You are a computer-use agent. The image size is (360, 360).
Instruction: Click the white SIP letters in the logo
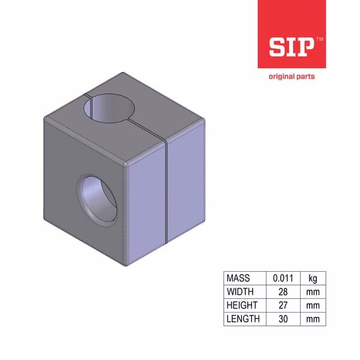[292, 47]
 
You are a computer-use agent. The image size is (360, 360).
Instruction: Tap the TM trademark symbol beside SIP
[320, 39]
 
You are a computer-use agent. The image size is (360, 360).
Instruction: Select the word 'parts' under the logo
[305, 77]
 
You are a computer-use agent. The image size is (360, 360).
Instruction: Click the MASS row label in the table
[238, 278]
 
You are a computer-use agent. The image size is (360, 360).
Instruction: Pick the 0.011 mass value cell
[283, 278]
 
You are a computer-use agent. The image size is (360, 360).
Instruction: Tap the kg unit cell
[313, 278]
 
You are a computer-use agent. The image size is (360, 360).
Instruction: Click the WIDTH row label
[240, 292]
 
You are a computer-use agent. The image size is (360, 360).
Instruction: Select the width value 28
[283, 292]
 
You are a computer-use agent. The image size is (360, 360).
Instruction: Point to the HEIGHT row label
[242, 305]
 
